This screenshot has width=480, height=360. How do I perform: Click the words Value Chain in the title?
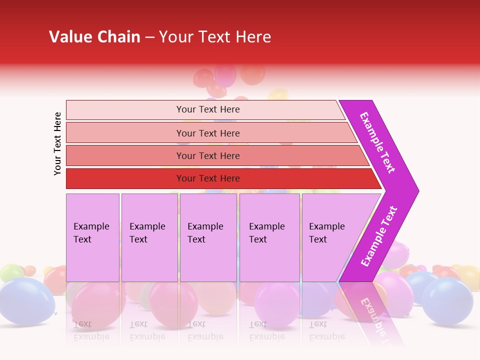94,37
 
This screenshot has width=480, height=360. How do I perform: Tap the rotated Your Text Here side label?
57,143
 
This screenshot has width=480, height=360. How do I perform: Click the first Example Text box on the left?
92,237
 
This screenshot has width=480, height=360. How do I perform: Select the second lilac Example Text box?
149,237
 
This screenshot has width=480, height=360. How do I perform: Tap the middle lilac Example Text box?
208,237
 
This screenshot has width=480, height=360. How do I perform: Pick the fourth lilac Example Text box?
269,237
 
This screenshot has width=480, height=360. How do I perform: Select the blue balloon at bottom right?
447,300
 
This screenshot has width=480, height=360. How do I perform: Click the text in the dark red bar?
208,178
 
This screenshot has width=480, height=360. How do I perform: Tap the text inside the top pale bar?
208,109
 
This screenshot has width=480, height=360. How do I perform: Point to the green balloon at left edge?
10,272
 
